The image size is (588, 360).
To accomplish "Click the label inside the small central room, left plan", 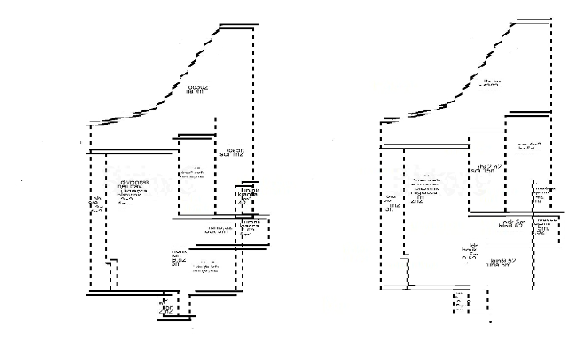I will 192,173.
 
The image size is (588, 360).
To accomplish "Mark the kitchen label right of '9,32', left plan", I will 206,267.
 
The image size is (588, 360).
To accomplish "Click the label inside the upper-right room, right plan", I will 530,146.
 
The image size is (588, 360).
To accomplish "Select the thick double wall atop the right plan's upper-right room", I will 527,114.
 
